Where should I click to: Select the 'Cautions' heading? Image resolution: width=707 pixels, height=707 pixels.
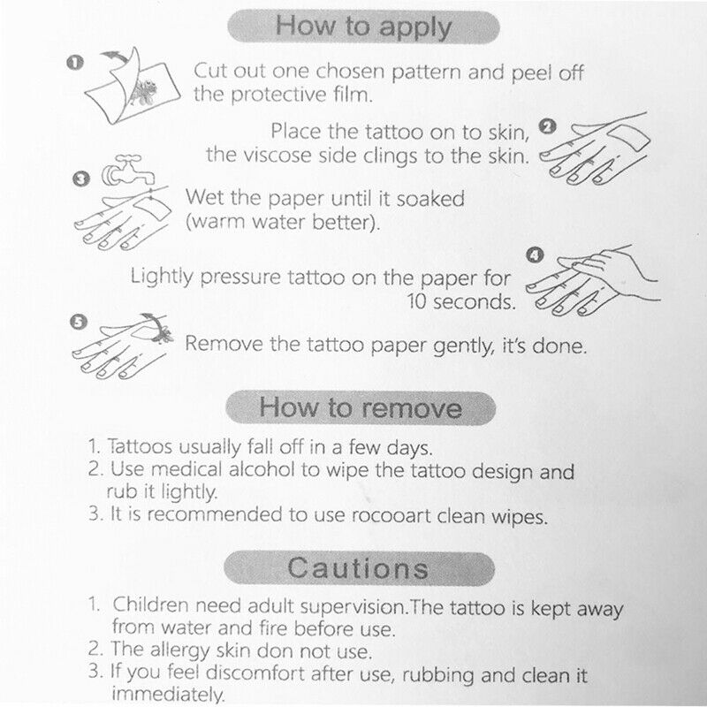coord(359,566)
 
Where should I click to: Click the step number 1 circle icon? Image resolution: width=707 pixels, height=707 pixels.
coord(76,62)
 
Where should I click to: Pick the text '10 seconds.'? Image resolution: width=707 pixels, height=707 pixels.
coord(460,301)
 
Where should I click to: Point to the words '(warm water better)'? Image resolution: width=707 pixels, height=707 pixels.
coord(283,221)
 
